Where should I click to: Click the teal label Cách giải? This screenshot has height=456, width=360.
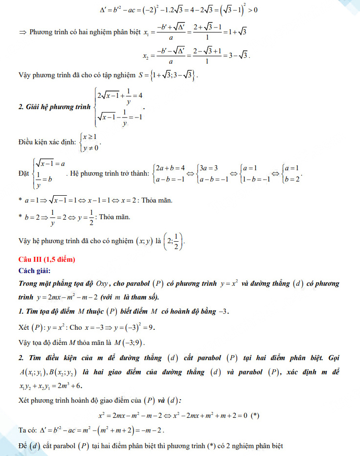click(x=34, y=271)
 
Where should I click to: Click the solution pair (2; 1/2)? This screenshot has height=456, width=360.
click(x=175, y=240)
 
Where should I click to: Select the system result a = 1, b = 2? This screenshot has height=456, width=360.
click(x=292, y=173)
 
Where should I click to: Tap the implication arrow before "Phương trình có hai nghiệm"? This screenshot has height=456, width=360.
click(x=22, y=32)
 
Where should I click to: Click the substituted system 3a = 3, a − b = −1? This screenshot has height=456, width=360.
click(x=213, y=173)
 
